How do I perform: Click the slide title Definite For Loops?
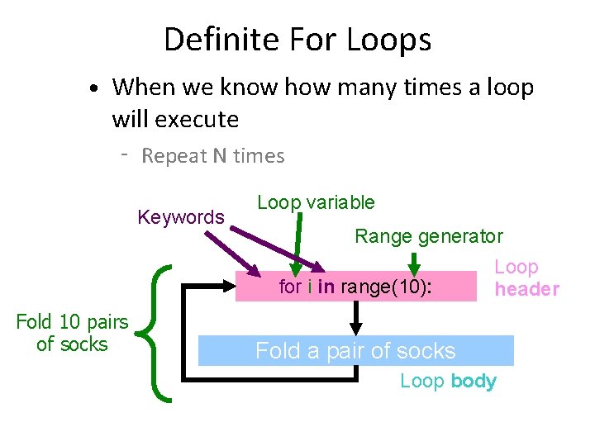[x=297, y=40]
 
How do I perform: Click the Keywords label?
[x=181, y=217]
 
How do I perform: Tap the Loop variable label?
[x=316, y=202]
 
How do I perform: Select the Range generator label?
[x=428, y=236]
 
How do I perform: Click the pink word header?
[x=526, y=289]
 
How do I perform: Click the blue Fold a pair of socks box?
[x=355, y=351]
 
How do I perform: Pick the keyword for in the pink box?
[x=290, y=287]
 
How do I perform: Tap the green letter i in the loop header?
[x=309, y=287]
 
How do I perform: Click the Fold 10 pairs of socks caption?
[x=72, y=333]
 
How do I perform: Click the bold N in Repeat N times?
[x=218, y=156]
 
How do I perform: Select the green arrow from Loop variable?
[x=297, y=244]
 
